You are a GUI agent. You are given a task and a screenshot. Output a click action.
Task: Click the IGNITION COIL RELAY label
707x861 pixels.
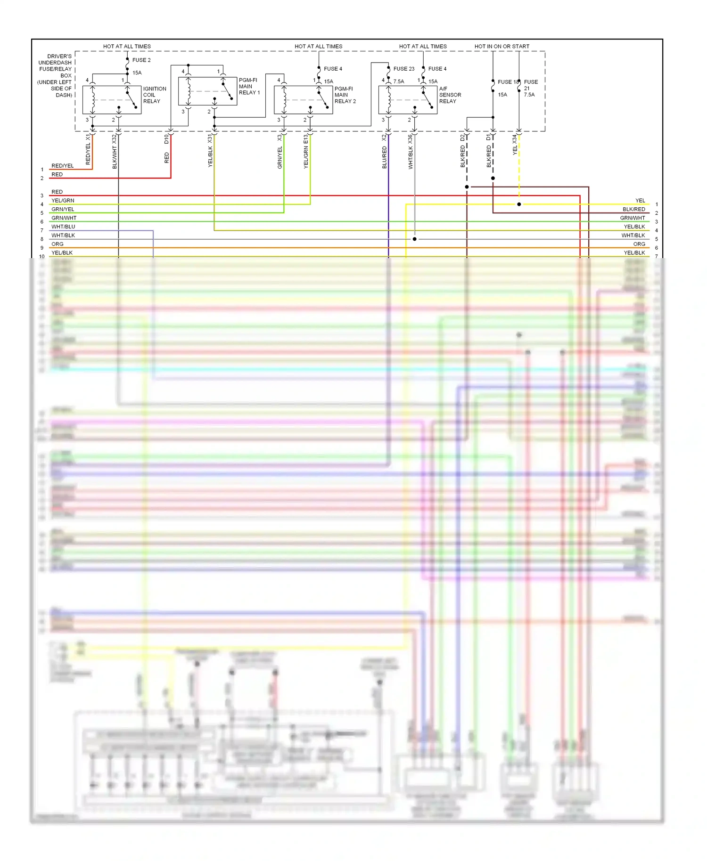coord(155,95)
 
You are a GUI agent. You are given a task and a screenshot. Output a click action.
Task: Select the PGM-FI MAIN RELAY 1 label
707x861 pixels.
coord(249,86)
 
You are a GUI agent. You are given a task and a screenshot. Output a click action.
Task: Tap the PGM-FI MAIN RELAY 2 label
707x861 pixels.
coord(345,95)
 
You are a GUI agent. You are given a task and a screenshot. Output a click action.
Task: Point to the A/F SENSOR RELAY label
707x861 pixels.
coord(450,95)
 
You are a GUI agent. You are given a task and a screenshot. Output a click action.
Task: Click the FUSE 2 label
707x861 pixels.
coord(141,60)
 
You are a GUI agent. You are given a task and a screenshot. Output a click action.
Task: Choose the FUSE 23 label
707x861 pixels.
coord(404,69)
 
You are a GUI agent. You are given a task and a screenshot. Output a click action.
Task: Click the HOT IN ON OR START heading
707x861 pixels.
coord(501,46)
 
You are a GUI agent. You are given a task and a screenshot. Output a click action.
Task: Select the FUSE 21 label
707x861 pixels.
coord(530,88)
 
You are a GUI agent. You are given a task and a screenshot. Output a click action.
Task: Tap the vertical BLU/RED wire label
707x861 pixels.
coord(385,157)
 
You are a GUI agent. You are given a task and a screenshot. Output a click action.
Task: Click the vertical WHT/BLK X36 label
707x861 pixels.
coord(411,152)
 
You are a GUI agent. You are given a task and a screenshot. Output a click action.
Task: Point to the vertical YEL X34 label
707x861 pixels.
coord(515,145)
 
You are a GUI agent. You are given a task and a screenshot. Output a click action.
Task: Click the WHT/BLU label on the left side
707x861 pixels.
coord(63,227)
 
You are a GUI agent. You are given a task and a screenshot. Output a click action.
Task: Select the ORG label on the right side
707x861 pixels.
coord(639,244)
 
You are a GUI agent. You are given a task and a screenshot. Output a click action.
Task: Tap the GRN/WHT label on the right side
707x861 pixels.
coord(632,218)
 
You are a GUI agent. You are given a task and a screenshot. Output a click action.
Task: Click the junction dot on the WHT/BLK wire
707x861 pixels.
coord(415,239)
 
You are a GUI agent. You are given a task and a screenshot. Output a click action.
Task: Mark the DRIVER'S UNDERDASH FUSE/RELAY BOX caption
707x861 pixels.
coord(56,75)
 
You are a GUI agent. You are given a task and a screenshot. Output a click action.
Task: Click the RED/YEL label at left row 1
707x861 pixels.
coord(63,166)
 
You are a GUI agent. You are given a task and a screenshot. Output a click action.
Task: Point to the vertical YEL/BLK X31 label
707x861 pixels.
coord(210,151)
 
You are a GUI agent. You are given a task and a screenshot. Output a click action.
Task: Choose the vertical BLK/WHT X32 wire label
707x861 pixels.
coord(115,152)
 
